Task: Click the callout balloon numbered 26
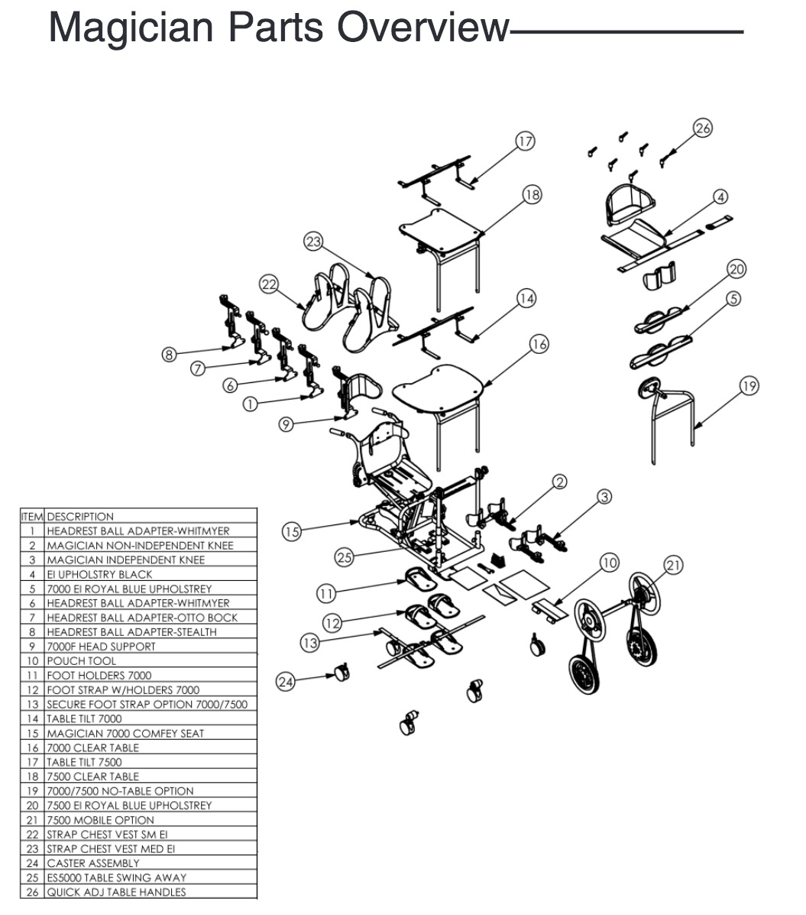pyautogui.click(x=703, y=128)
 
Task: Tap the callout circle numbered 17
pyautogui.click(x=526, y=141)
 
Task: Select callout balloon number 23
pyautogui.click(x=313, y=242)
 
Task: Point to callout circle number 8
pyautogui.click(x=169, y=354)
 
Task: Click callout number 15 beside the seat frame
pyautogui.click(x=292, y=531)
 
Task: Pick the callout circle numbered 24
pyautogui.click(x=285, y=682)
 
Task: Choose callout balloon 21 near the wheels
pyautogui.click(x=674, y=565)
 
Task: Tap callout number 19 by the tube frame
pyautogui.click(x=749, y=386)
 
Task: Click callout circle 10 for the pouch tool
pyautogui.click(x=610, y=563)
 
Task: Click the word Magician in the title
pyautogui.click(x=131, y=28)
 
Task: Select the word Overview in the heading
pyautogui.click(x=424, y=28)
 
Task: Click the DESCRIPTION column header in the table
pyautogui.click(x=80, y=517)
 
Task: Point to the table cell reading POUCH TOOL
pyautogui.click(x=82, y=660)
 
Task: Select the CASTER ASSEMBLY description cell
pyautogui.click(x=93, y=863)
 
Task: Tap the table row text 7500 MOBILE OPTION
pyautogui.click(x=100, y=820)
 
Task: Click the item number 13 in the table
pyautogui.click(x=33, y=704)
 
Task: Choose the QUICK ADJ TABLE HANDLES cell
pyautogui.click(x=117, y=892)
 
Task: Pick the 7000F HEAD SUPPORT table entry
pyautogui.click(x=102, y=647)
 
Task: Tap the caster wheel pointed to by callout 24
pyautogui.click(x=341, y=673)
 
